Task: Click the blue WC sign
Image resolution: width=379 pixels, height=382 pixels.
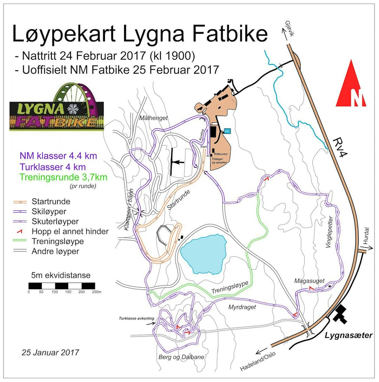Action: click(x=227, y=131)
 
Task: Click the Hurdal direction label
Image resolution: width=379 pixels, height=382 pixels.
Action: click(x=366, y=235)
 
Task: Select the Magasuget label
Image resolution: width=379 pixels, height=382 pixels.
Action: click(x=310, y=280)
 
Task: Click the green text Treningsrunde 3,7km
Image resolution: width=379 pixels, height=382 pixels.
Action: click(x=63, y=176)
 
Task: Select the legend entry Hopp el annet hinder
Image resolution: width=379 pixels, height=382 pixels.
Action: click(x=70, y=232)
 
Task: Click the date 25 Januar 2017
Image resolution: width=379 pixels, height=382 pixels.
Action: click(x=50, y=352)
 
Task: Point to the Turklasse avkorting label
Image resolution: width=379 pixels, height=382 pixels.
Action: click(x=136, y=318)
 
